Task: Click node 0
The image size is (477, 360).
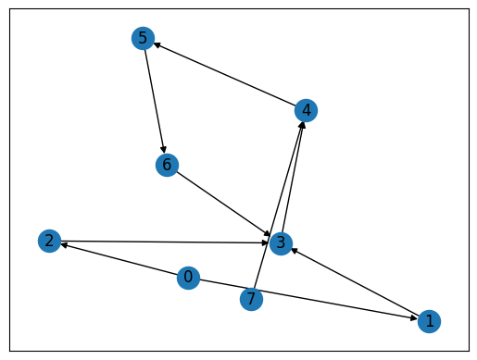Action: pos(188,278)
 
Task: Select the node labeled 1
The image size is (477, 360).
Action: pos(428,321)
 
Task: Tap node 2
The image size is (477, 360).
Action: pos(50,242)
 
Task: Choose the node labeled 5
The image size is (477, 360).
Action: pos(143,38)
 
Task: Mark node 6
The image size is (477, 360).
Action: pos(167,165)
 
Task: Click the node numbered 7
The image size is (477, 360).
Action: pos(250,299)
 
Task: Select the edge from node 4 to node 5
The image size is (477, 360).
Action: pos(224,75)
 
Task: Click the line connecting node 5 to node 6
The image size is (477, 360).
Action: pos(155,102)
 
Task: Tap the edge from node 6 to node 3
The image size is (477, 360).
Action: pos(224,204)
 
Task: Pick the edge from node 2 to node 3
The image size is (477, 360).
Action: pos(166,242)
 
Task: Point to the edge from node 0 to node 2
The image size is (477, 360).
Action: pos(119,259)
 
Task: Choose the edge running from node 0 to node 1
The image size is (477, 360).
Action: pos(308,299)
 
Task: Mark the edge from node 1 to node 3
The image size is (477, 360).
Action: pos(355,282)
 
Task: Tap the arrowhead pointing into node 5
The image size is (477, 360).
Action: pos(157,43)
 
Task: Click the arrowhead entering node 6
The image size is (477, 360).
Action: pos(164,151)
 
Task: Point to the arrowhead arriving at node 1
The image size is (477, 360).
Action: pos(413,318)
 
